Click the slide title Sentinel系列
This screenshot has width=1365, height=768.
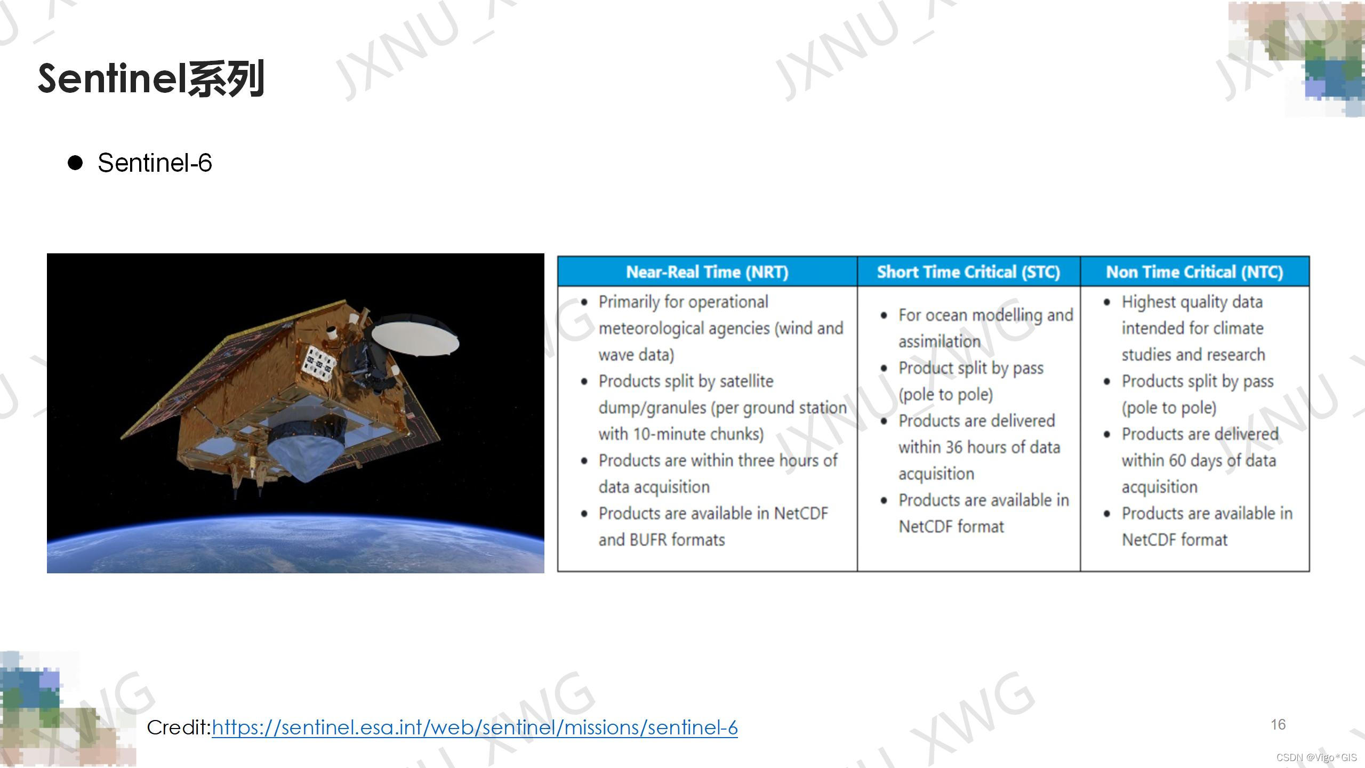click(151, 79)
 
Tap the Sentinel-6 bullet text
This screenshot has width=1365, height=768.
click(155, 163)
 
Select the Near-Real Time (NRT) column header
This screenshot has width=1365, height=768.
click(707, 272)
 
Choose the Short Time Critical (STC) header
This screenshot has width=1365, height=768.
click(968, 272)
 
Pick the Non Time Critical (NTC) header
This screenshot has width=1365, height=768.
click(1194, 272)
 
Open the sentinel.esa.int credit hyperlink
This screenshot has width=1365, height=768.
click(475, 727)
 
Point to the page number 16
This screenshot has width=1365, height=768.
click(1278, 725)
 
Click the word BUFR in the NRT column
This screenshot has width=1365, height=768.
click(648, 540)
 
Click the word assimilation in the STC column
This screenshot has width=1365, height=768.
click(940, 341)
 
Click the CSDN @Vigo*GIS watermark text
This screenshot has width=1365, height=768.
click(1317, 757)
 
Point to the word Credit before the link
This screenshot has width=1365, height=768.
click(179, 727)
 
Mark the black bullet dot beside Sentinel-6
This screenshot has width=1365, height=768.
click(75, 163)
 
